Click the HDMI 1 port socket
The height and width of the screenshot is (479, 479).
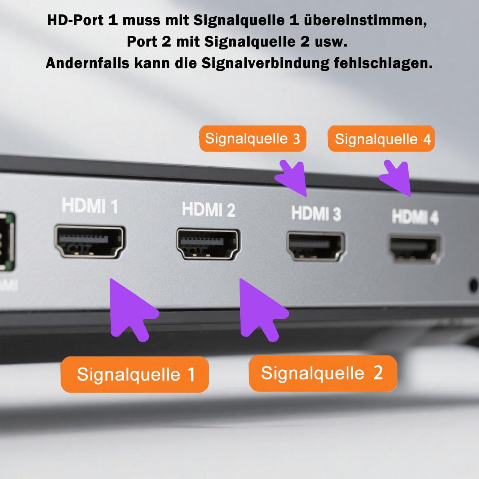tap(90, 242)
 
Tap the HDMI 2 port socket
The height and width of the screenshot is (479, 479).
tap(208, 244)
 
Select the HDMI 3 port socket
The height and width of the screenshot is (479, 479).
tap(316, 246)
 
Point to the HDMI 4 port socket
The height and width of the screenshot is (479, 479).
tap(414, 249)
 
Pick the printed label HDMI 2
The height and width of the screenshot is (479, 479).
tap(208, 209)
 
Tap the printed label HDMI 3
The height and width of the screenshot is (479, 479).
tap(316, 213)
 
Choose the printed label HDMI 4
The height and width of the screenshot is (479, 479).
tap(416, 217)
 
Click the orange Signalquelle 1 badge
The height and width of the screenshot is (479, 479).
tap(135, 374)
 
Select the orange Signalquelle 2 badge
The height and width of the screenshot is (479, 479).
tap(323, 373)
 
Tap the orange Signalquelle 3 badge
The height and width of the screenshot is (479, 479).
tap(252, 139)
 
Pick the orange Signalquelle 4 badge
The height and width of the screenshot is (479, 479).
tap(381, 139)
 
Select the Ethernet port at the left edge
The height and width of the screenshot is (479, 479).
tap(7, 241)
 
